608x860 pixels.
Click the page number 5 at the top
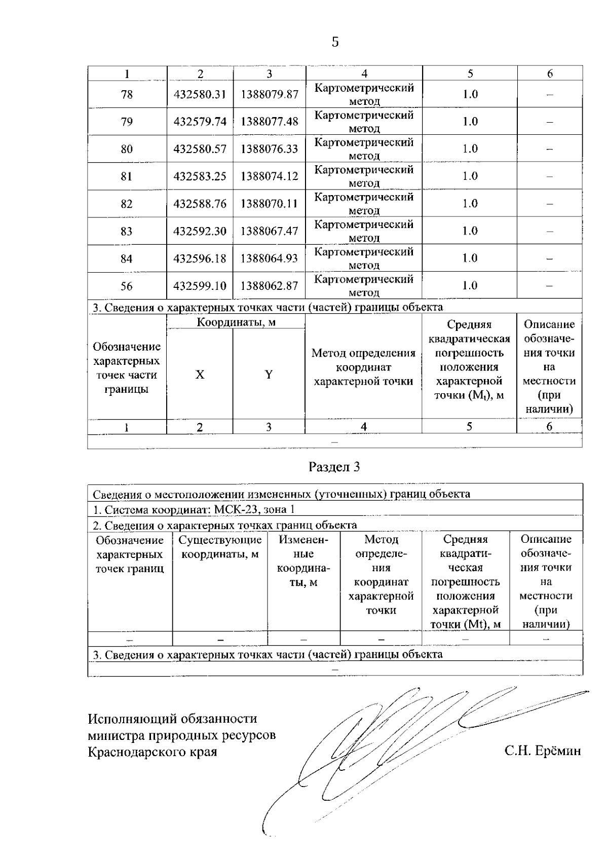coord(335,42)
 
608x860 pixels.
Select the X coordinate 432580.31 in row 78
coord(200,94)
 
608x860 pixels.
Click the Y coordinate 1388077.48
coord(269,122)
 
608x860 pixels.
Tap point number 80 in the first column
coord(127,149)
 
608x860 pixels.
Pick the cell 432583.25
coord(200,176)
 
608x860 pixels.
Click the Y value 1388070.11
coord(269,204)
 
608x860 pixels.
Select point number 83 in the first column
coord(127,231)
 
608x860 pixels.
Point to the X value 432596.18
coord(200,258)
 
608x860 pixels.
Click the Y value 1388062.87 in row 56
coord(269,286)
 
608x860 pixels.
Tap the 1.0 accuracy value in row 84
coord(470,258)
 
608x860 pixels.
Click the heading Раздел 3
coord(334,467)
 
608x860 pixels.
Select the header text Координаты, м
coord(236,322)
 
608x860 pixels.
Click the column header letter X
coord(200,375)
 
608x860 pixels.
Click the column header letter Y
coord(269,375)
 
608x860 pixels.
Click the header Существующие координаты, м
coord(220,547)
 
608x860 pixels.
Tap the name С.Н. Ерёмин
coord(542,751)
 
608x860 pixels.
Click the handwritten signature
coord(385,735)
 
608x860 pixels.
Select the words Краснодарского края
coord(153,752)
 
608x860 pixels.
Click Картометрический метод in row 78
coord(364,94)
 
